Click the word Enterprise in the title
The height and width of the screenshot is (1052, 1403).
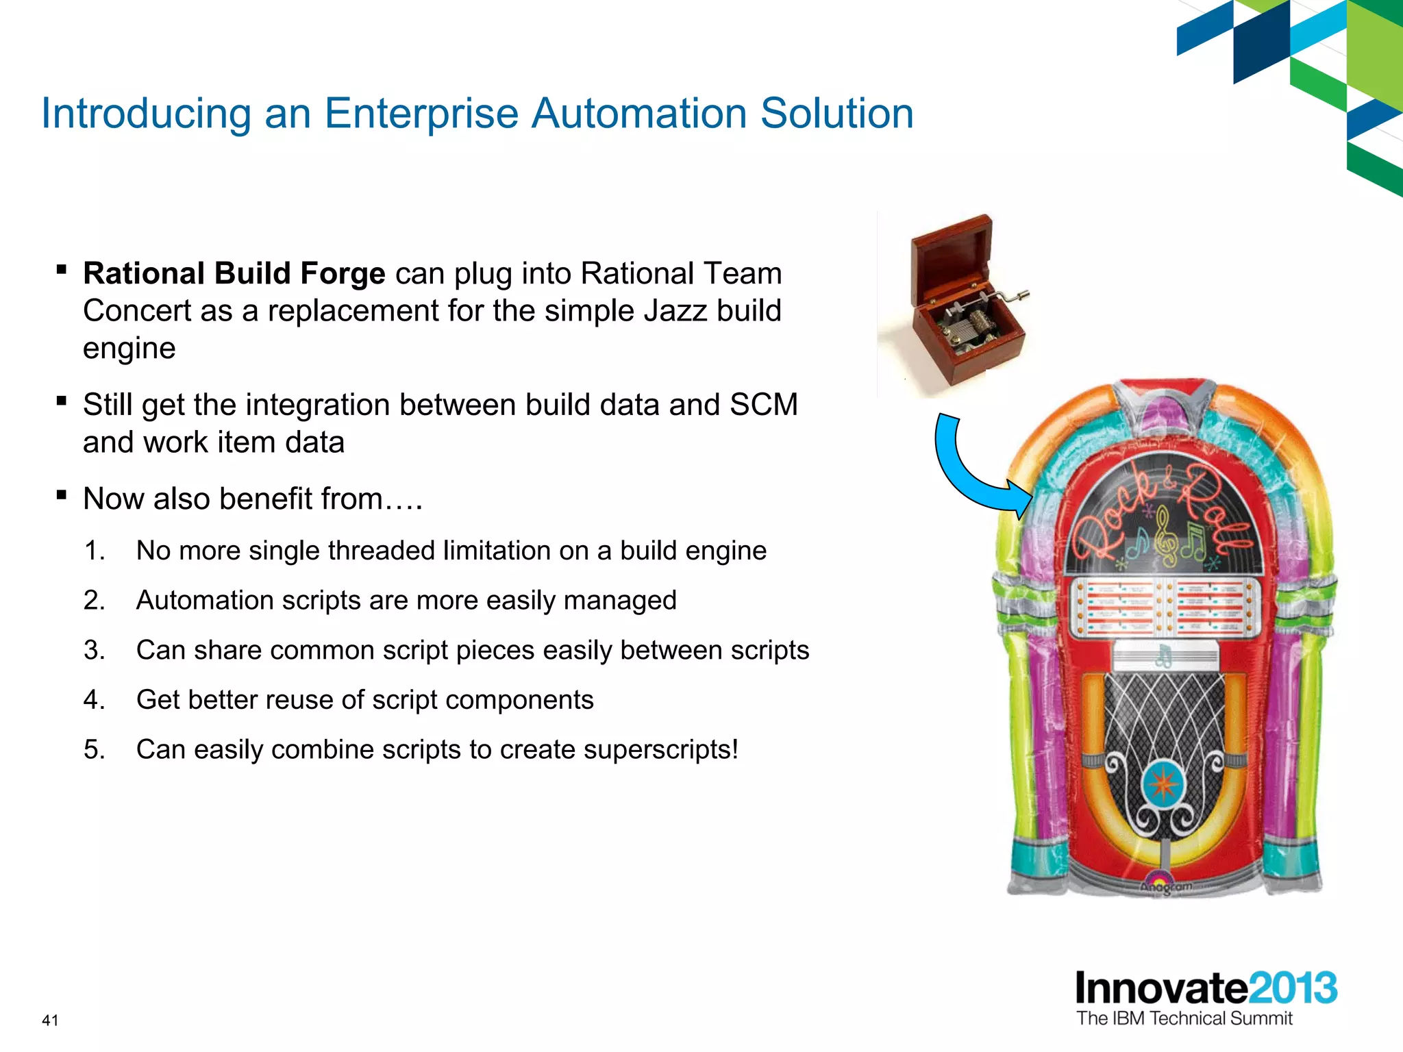coord(421,113)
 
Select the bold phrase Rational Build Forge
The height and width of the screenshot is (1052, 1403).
coord(234,273)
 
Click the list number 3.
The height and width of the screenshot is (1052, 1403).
coord(94,650)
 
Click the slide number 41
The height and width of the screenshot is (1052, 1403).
coord(50,1020)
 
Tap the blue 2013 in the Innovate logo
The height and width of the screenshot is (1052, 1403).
coord(1293,988)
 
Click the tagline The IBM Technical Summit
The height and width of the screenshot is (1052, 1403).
coord(1184,1018)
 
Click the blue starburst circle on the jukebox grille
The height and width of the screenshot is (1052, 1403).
coord(1163,784)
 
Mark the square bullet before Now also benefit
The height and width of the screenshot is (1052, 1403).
coord(62,494)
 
